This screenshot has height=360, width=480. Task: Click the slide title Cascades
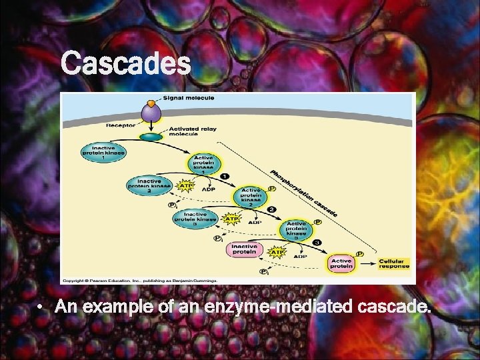(x=125, y=65)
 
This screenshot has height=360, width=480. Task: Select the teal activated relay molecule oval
(x=152, y=136)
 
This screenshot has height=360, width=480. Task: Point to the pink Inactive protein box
(x=244, y=250)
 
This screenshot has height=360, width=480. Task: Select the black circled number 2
(x=271, y=211)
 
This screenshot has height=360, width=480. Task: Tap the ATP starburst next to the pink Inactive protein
(x=276, y=253)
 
